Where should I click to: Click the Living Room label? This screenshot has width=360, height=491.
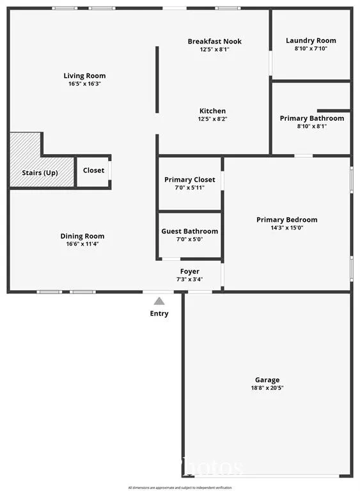coord(84,76)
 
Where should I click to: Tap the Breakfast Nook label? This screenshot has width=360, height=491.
coord(214,42)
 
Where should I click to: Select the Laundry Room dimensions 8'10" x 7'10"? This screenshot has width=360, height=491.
coord(311,49)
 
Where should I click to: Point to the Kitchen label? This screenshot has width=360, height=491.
coord(212,111)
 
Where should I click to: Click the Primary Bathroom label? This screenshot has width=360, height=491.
coord(312,118)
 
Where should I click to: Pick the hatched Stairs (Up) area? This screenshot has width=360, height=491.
coord(26,160)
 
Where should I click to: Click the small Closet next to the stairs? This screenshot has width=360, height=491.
coord(93,171)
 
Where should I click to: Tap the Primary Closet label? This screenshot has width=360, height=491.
coord(190,180)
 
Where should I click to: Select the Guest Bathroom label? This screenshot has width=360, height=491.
coord(190,231)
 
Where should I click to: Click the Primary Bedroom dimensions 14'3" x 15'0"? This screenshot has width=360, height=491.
coord(286,228)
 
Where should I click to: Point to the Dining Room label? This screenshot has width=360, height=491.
coord(82,236)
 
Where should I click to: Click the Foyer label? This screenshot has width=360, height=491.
coord(190,272)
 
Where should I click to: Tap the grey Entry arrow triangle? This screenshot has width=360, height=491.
coord(159,300)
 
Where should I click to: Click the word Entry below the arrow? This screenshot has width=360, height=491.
coord(159,313)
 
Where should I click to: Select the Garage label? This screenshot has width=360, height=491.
coord(268,380)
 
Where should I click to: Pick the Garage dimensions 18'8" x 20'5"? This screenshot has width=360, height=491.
coord(268,387)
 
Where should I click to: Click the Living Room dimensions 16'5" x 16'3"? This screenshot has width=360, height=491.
coord(84,84)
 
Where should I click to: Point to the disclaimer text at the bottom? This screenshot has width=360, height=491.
coord(180,488)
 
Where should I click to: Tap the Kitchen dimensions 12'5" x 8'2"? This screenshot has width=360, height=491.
coord(212,119)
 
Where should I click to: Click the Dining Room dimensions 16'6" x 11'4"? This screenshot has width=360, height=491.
coord(82,244)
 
